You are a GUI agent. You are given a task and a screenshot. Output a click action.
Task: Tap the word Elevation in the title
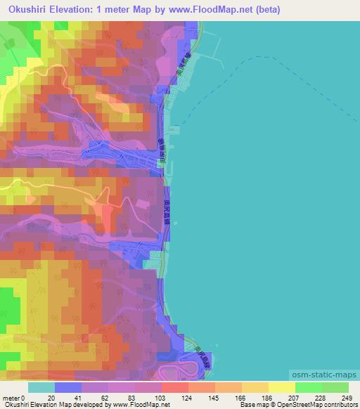click(x=80, y=10)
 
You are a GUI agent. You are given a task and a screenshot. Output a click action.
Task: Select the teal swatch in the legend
click(x=41, y=387)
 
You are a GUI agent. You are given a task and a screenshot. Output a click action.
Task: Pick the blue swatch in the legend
click(x=68, y=387)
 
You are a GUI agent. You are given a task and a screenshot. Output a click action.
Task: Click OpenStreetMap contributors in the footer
click(x=319, y=405)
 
